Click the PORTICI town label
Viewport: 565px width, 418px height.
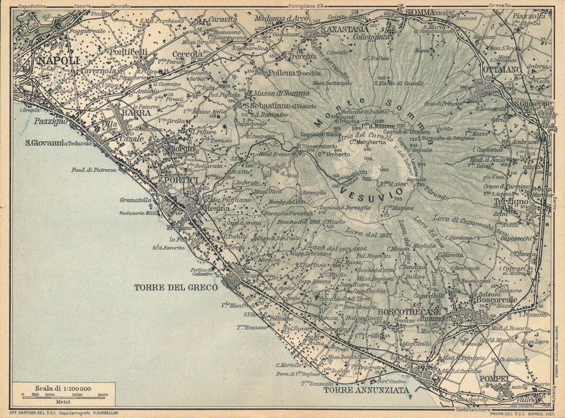coord(179,180)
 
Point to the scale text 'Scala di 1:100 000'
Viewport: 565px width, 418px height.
coord(63,388)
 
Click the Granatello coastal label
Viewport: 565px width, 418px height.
coord(135,200)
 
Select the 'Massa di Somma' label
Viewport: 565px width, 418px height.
coord(281,93)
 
